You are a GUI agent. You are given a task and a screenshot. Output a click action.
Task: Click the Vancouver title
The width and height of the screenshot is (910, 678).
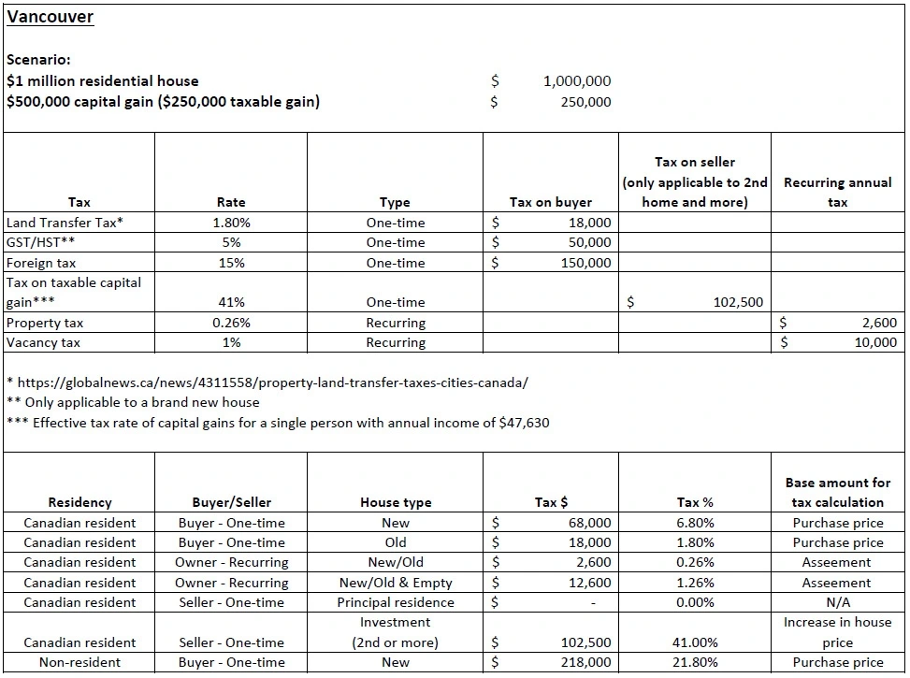(x=50, y=17)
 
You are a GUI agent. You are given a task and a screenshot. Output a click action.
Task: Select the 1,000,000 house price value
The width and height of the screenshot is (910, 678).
(x=576, y=81)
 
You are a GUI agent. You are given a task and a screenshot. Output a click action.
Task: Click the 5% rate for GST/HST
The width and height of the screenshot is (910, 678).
(x=230, y=242)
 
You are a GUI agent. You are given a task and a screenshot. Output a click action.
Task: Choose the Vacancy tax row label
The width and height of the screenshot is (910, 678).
(x=43, y=342)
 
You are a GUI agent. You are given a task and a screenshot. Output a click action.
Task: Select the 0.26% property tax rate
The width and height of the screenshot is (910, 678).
(x=230, y=323)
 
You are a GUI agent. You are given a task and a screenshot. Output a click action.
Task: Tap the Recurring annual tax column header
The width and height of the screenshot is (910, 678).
(x=837, y=192)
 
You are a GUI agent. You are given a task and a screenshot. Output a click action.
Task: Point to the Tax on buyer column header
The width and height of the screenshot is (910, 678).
(x=550, y=202)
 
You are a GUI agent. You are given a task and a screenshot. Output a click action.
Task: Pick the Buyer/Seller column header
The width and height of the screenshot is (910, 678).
(x=231, y=502)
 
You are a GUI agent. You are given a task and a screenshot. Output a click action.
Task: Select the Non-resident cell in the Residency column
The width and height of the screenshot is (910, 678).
(x=79, y=662)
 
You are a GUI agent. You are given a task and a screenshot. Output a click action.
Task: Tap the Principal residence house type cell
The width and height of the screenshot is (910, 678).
(x=396, y=602)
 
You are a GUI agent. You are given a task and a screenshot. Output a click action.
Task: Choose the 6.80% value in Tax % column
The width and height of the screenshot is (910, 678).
(x=695, y=523)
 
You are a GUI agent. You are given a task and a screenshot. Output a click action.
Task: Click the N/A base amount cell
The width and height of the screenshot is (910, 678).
(x=837, y=602)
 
